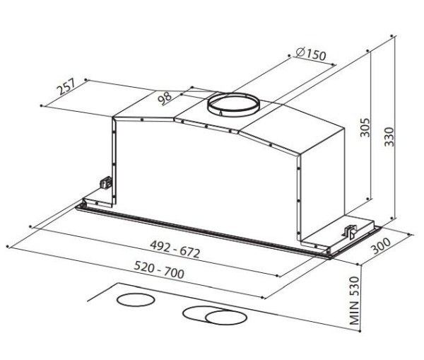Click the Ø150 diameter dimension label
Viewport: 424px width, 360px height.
[311, 54]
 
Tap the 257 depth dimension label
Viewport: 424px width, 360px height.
[66, 86]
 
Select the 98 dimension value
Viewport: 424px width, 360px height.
[165, 98]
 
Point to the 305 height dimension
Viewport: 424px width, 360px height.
[365, 127]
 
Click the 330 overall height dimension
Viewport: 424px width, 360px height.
[389, 137]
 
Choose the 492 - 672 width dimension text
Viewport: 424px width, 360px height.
[175, 249]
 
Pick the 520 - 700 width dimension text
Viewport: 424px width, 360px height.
[159, 270]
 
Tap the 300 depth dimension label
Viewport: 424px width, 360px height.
[381, 246]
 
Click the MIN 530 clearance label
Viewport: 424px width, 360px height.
[355, 301]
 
